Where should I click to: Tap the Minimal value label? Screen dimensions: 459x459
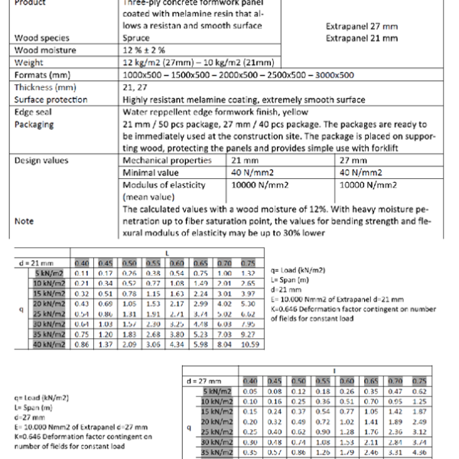coord(151,172)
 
